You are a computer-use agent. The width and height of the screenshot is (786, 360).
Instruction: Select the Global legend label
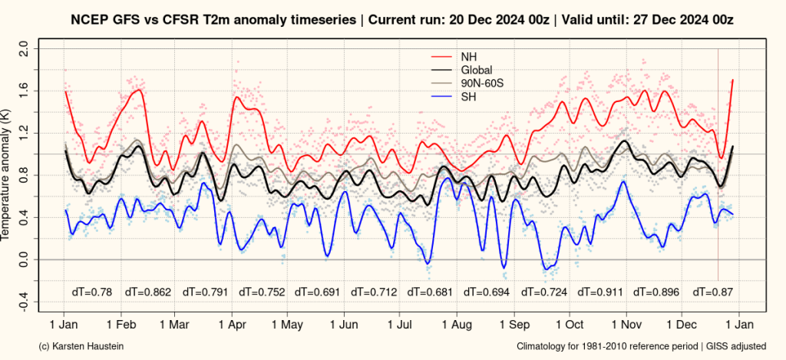click(476, 70)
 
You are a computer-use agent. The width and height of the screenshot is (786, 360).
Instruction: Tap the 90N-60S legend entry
click(482, 83)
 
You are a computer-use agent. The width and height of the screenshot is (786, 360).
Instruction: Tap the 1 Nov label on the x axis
click(626, 325)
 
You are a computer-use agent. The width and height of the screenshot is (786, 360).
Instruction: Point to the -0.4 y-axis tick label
click(23, 302)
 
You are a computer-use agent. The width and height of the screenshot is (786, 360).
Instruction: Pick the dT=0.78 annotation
click(91, 292)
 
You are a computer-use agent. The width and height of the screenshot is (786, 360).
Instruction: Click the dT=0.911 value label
click(600, 292)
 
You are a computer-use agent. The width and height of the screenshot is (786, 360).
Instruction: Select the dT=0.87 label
click(713, 292)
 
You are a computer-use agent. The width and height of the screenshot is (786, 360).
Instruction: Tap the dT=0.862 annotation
click(149, 292)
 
